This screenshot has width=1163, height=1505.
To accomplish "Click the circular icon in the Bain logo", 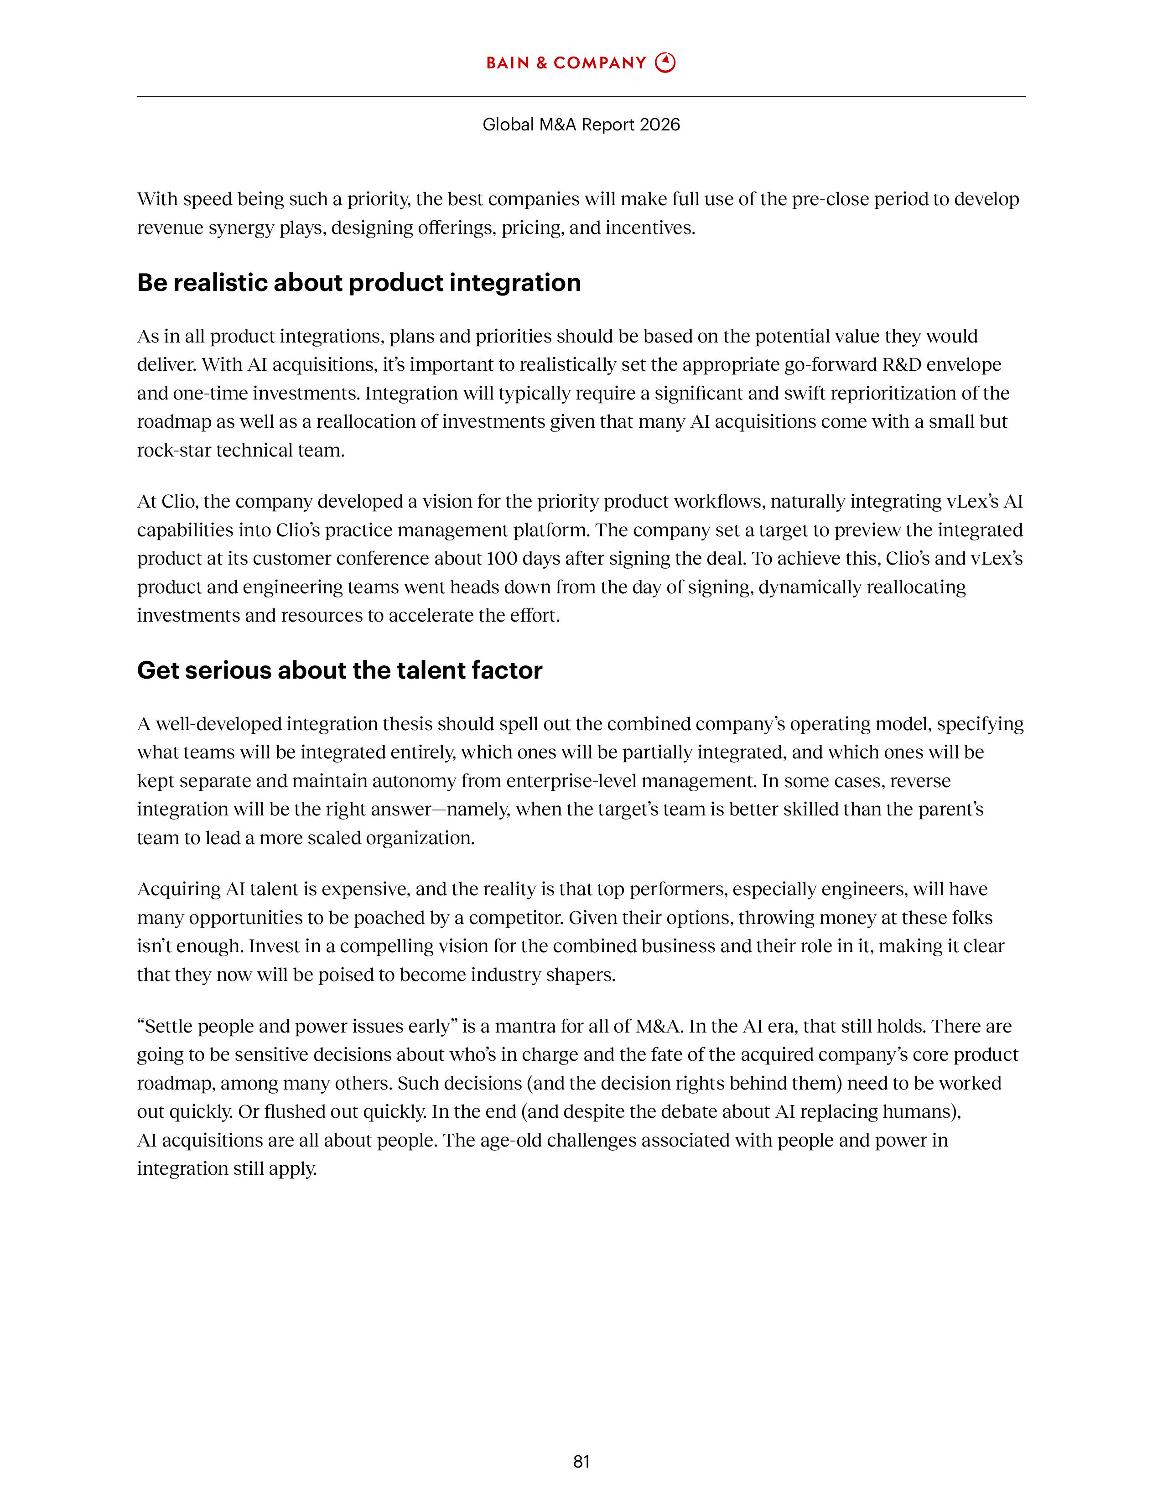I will coord(665,63).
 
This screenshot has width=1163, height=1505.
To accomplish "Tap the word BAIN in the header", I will coord(507,63).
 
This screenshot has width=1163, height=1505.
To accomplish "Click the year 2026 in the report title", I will coord(659,125).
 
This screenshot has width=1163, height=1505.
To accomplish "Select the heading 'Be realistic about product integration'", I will coord(358,283).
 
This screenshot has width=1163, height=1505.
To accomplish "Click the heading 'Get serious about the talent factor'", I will coord(340,670).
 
